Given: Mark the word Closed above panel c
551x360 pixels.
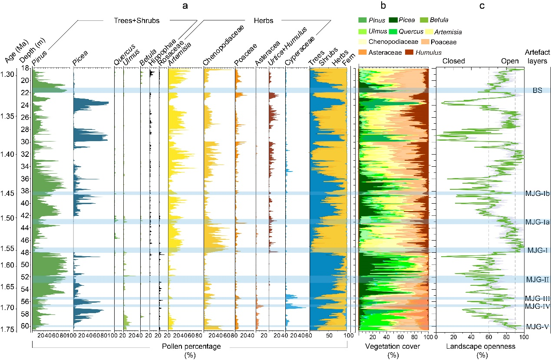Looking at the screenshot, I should (454, 61).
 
